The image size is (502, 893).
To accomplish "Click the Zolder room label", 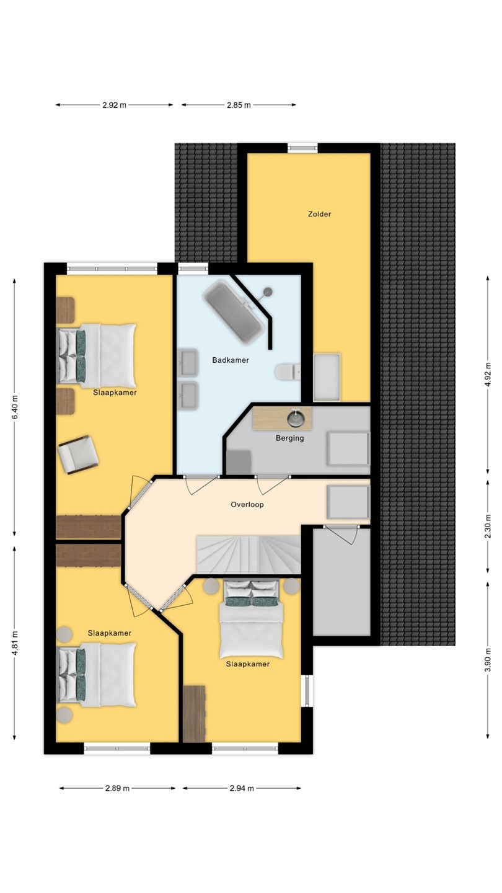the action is (320, 214).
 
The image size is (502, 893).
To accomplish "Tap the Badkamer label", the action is (231, 360).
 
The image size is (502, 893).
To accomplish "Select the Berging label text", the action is (289, 438).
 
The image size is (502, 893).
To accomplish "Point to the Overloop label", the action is (247, 504).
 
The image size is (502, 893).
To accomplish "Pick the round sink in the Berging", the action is (296, 418).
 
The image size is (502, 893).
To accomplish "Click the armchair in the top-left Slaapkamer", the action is (79, 455).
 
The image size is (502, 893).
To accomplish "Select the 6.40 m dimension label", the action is (15, 407).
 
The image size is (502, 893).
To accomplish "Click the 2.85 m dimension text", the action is (239, 105).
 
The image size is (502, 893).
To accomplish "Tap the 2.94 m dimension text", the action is (242, 788).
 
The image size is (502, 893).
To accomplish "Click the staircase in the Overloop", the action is (248, 554).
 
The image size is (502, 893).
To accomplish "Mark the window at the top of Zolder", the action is (303, 148).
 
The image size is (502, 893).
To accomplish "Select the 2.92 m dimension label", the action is (114, 105).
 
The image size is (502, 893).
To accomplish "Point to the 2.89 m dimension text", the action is (117, 788).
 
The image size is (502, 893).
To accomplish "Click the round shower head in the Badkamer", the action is (268, 292).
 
